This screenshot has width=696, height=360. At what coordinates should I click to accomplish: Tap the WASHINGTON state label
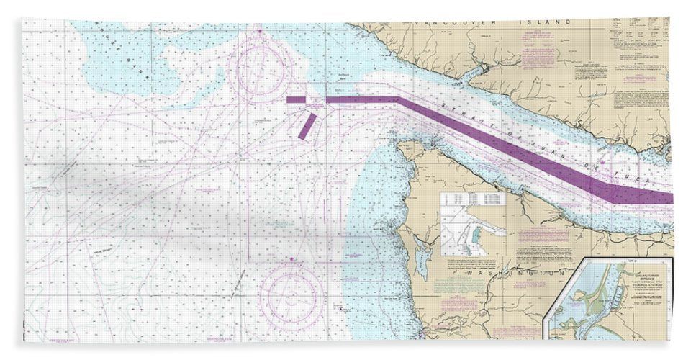point(511,273)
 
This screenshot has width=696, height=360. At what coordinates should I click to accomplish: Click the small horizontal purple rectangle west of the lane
point(296,101)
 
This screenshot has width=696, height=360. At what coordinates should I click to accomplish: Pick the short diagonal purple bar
point(307,125)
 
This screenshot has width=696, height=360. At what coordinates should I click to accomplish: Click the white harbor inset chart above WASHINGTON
point(473,224)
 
